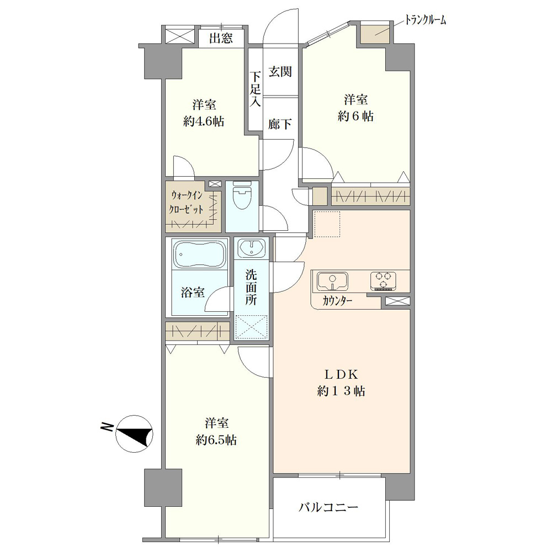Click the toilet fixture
click(242, 194)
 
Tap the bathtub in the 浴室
click(200, 254)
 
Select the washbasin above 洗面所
click(251, 248)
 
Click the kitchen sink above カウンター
click(332, 282)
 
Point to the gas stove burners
click(383, 281)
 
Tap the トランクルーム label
click(425, 20)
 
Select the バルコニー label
click(328, 507)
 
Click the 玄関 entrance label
click(280, 72)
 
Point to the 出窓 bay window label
click(221, 38)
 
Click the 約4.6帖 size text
click(204, 121)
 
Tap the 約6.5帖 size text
click(216, 440)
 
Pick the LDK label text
click(341, 375)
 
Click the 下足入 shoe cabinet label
click(256, 89)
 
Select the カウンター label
click(337, 301)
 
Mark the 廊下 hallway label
click(280, 124)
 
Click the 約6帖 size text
click(355, 116)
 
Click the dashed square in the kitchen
click(327, 224)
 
